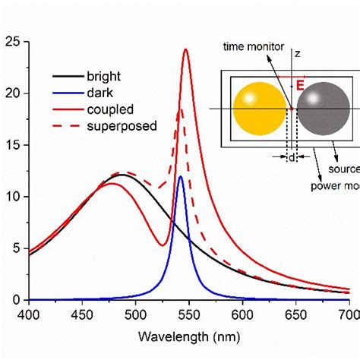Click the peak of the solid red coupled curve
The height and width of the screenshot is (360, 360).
(x=185, y=50)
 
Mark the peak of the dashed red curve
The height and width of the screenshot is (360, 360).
(x=181, y=110)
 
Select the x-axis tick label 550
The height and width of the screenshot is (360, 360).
(x=188, y=313)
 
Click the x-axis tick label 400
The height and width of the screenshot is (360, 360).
(x=28, y=313)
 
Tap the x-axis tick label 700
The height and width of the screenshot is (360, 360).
(x=348, y=313)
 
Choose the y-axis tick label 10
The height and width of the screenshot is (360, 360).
(x=12, y=197)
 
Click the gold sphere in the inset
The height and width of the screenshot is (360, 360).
(x=258, y=108)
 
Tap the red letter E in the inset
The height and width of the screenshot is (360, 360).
(x=300, y=86)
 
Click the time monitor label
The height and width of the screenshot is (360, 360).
(x=253, y=46)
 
